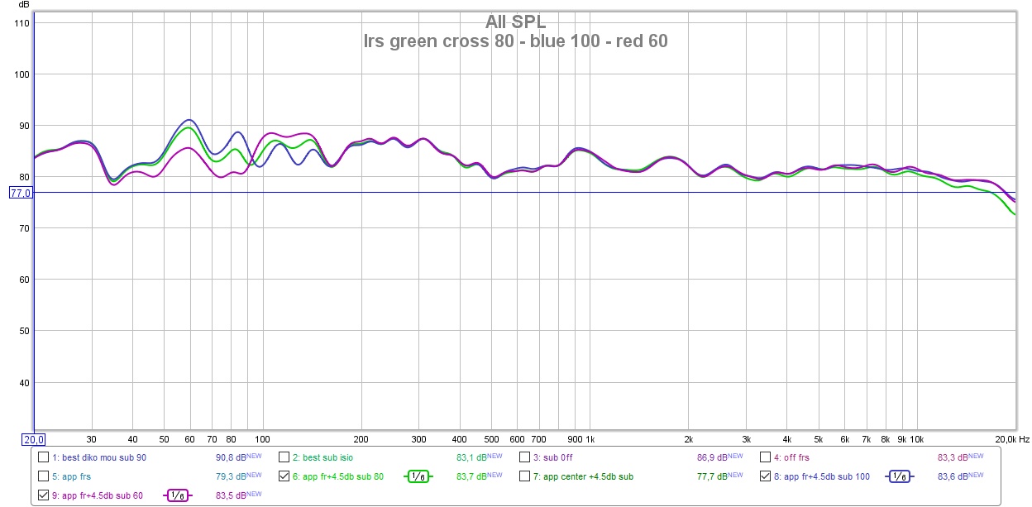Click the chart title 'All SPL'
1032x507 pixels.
click(515, 22)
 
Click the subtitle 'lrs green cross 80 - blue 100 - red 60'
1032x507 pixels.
click(515, 41)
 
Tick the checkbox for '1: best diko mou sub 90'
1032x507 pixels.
click(43, 457)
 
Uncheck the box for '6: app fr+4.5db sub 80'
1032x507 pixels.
click(284, 476)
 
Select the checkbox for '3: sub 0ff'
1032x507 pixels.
click(525, 457)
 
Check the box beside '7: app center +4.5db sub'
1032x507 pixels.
click(525, 476)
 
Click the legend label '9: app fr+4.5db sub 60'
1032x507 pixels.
click(98, 495)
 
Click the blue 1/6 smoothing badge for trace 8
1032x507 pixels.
click(897, 476)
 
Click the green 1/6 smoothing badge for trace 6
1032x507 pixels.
click(418, 476)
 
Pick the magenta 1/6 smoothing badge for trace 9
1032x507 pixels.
click(177, 495)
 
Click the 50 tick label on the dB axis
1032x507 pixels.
click(22, 331)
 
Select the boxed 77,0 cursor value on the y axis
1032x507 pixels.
click(19, 193)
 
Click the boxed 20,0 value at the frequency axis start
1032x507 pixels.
click(32, 439)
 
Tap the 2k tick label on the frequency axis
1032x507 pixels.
click(688, 439)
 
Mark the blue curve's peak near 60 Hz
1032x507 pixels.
click(189, 120)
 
